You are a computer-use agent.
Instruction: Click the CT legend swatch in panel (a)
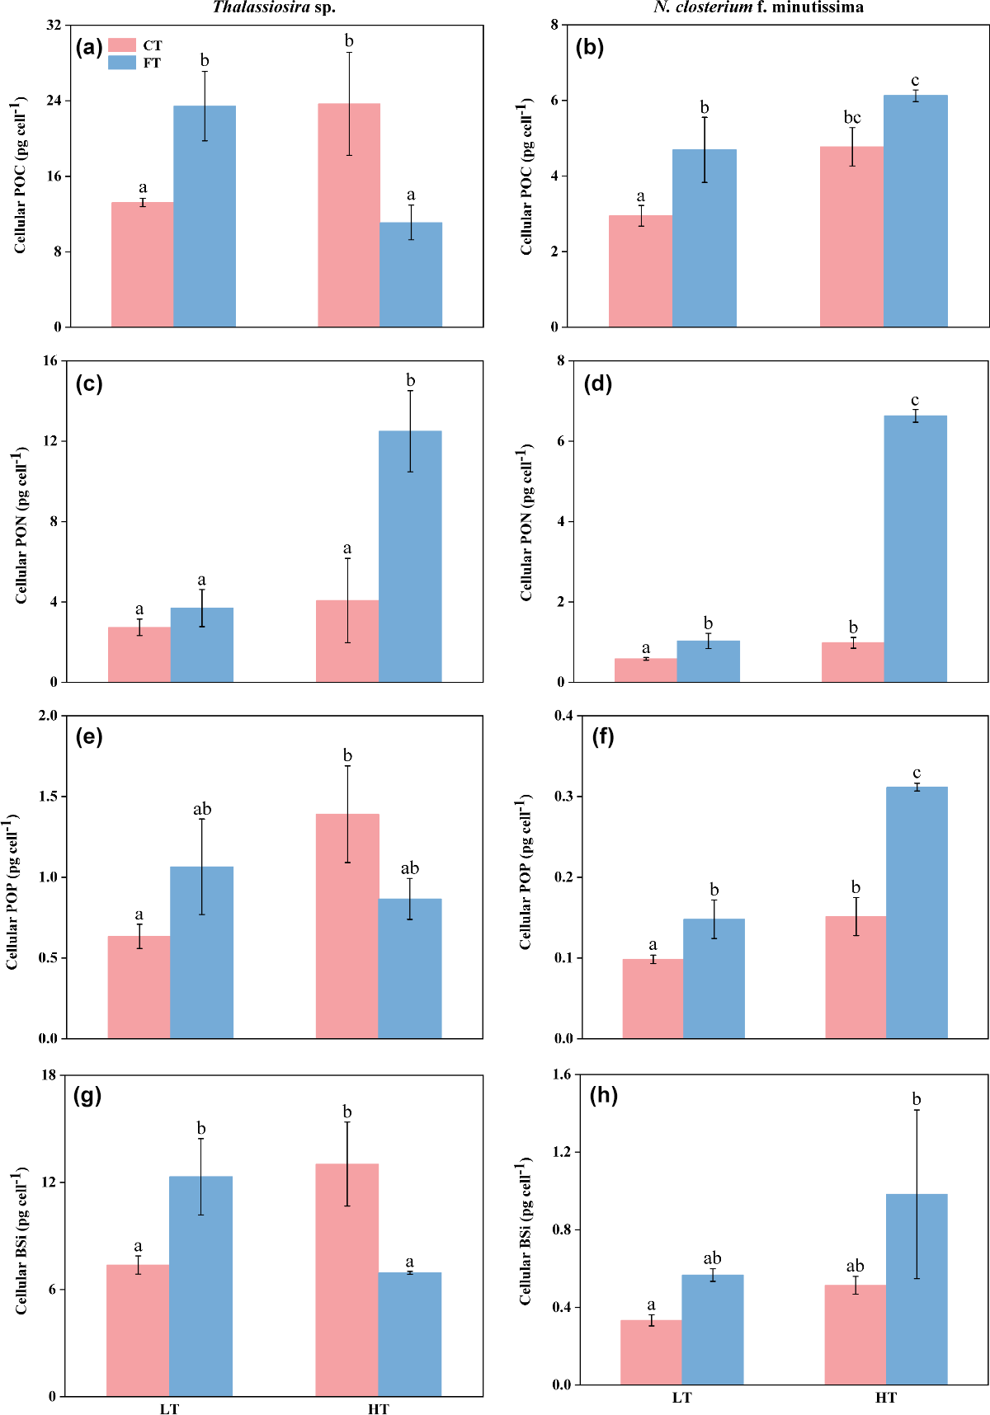122,45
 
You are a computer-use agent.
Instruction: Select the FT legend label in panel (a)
152,63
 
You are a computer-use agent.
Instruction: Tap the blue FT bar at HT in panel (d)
916,548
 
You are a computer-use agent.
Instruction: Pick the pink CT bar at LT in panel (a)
142,264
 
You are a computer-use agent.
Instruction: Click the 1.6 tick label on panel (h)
561,1074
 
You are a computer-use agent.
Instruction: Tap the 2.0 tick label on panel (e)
48,716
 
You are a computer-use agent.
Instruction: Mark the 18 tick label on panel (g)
49,1075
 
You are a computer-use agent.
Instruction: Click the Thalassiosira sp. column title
274,8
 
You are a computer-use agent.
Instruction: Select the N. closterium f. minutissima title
758,8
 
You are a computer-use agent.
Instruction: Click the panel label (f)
603,737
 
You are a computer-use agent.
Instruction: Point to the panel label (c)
88,383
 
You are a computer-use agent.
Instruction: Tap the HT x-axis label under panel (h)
885,1398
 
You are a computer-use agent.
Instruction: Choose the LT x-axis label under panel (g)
169,1408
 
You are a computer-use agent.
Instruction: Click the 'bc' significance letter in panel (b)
852,118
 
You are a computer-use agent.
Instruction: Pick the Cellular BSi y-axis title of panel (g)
21,1240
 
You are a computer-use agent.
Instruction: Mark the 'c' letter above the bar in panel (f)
917,773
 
